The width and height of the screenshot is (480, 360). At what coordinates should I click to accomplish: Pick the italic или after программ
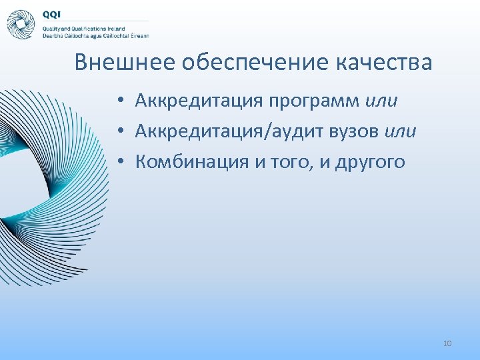pyautogui.click(x=381, y=101)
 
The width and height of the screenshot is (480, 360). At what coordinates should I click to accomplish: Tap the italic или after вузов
pyautogui.click(x=401, y=132)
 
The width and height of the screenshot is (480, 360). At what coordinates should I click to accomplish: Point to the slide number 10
pyautogui.click(x=447, y=343)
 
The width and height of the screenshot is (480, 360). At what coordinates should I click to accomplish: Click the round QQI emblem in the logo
pyautogui.click(x=21, y=25)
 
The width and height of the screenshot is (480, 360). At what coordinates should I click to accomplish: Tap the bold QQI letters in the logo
pyautogui.click(x=52, y=14)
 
